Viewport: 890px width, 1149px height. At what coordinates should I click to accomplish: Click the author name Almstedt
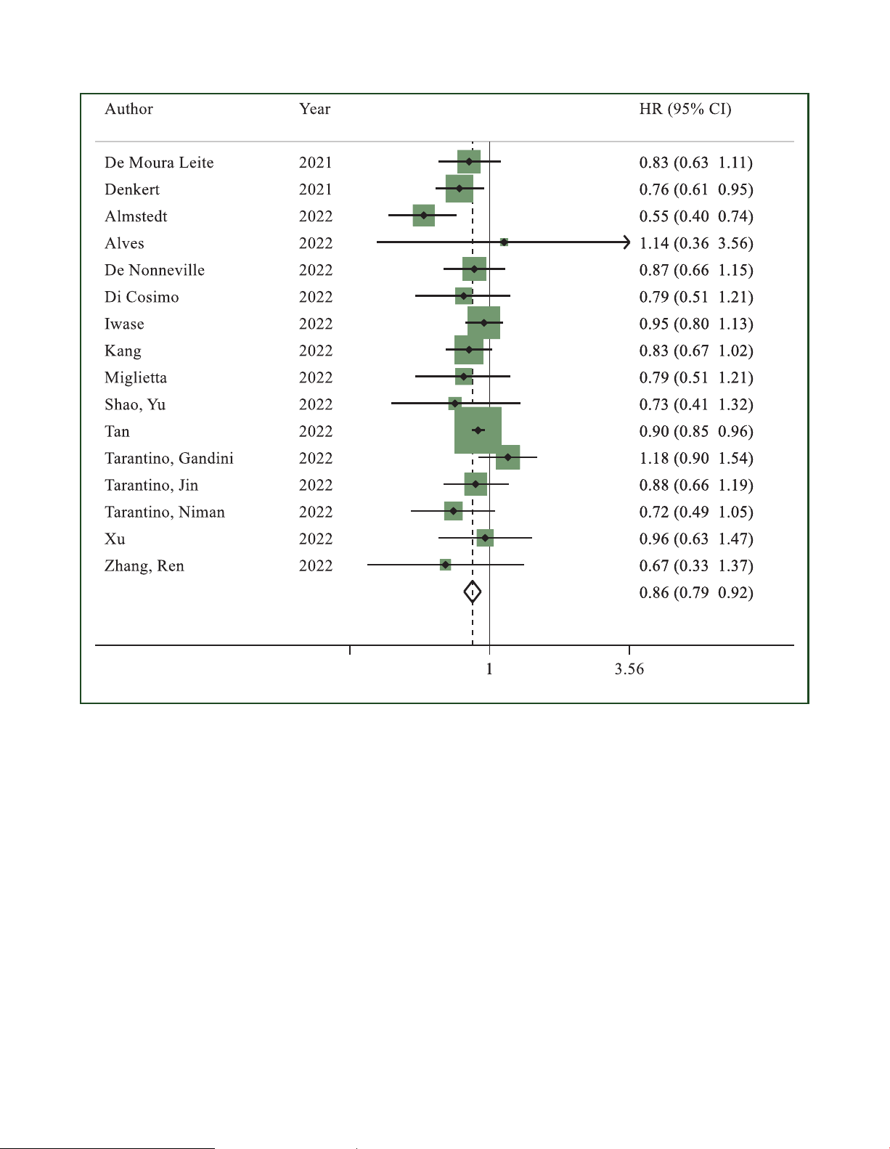[x=136, y=216]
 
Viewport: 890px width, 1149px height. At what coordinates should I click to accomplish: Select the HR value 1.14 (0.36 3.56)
[x=695, y=243]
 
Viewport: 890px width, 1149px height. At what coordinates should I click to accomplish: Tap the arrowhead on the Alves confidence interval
[x=626, y=242]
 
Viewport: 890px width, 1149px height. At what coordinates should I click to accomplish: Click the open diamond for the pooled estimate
[x=472, y=592]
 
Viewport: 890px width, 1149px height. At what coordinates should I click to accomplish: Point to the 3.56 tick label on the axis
[x=629, y=669]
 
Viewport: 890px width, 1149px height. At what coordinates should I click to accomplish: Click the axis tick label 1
[x=489, y=669]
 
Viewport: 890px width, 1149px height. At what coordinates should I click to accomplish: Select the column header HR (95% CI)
[x=685, y=109]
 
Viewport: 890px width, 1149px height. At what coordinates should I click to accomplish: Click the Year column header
[x=314, y=109]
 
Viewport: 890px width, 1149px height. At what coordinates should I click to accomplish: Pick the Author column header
[x=128, y=109]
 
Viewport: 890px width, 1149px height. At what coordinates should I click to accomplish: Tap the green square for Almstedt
[x=424, y=216]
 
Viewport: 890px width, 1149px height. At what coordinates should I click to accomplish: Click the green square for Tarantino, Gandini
[x=507, y=457]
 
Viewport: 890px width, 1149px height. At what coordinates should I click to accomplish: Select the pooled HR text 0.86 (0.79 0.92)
[x=695, y=592]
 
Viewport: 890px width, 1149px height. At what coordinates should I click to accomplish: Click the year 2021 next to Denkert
[x=315, y=189]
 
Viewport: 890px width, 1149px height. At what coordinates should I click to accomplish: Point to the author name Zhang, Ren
[x=144, y=565]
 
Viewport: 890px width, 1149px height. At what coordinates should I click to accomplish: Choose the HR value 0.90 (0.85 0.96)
[x=695, y=431]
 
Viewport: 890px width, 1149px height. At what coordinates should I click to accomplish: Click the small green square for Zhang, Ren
[x=445, y=565]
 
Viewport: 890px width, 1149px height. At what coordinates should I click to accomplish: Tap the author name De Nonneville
[x=154, y=270]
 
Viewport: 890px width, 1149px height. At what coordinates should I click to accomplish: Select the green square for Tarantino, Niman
[x=453, y=511]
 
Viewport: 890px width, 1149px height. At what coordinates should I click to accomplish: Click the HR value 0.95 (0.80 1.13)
[x=695, y=324]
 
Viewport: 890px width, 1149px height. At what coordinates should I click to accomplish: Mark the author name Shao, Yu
[x=135, y=404]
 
